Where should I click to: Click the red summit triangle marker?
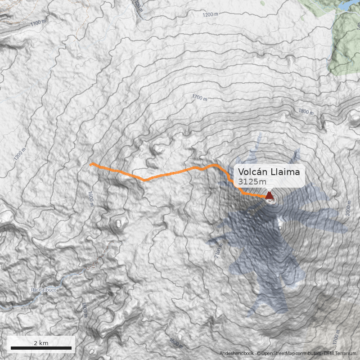tap(269, 195)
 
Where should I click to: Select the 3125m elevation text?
tap(252, 181)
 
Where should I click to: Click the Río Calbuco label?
tap(44, 290)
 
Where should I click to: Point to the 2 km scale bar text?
tap(41, 343)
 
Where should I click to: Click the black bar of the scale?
tap(41, 348)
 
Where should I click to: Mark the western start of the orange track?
tap(91, 165)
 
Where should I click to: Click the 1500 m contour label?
tap(84, 310)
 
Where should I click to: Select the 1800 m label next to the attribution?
tap(176, 343)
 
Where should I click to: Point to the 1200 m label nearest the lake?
tap(210, 15)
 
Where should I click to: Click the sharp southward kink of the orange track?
tap(144, 180)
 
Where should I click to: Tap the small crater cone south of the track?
tap(119, 223)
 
